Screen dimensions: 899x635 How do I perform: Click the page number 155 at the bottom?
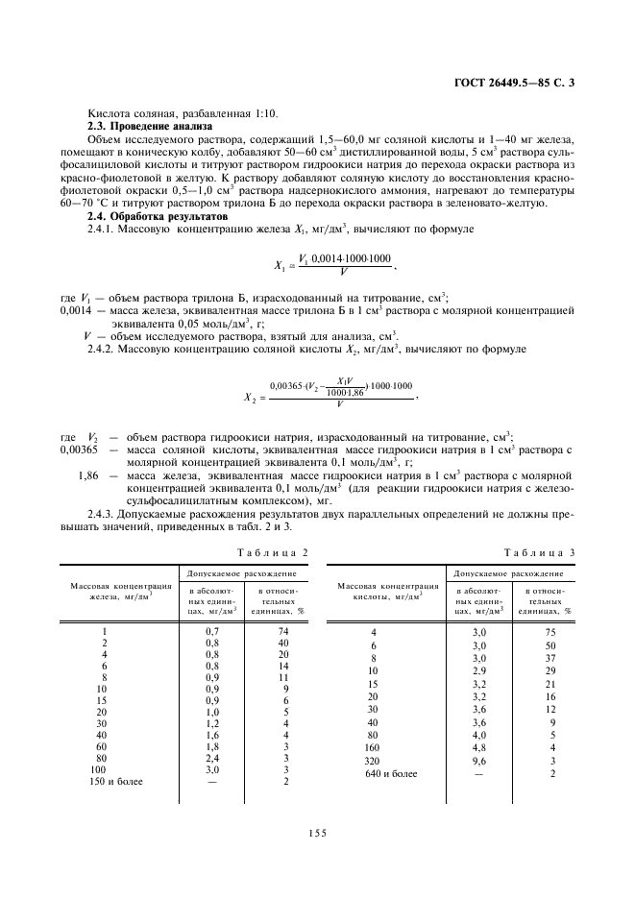pos(318,833)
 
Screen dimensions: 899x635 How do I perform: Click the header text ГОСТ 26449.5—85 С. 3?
pos(520,84)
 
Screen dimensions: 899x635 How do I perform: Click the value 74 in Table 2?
pos(283,631)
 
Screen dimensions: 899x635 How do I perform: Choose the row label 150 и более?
pos(116,782)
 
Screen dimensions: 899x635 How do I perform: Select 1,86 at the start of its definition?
pos(88,476)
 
